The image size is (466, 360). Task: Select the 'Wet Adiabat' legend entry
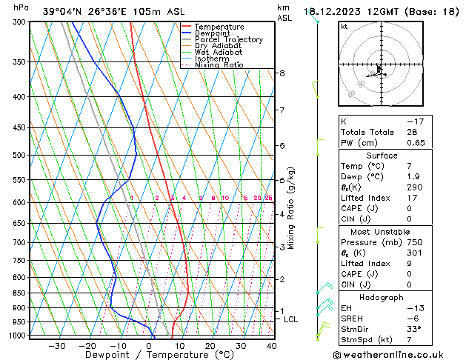click(220, 52)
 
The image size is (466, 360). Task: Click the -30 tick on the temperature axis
click(57, 345)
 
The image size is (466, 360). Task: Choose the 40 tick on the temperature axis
click(271, 345)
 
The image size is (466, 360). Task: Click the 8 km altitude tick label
click(282, 73)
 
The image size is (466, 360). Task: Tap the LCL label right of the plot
click(291, 319)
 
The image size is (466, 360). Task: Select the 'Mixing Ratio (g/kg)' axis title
click(292, 208)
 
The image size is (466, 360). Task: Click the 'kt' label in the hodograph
click(344, 27)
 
